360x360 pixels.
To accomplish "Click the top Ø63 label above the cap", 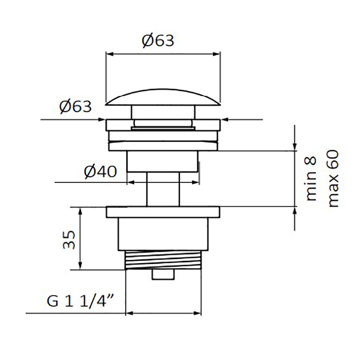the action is (158, 41).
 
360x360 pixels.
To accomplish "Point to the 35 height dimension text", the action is (69, 240).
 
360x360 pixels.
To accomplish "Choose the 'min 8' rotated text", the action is (311, 179).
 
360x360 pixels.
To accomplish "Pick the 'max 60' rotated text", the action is (333, 179).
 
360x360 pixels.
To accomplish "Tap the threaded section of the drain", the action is (163, 260).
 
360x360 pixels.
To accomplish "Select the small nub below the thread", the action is (163, 274).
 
